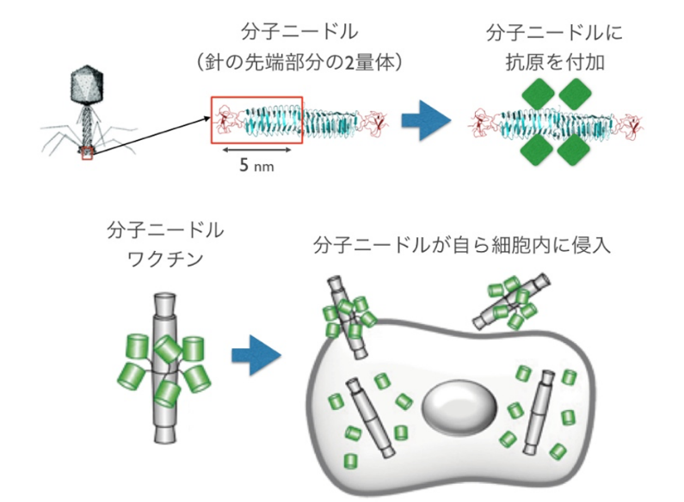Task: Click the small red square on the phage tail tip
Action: coord(86,154)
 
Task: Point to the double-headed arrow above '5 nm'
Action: coord(257,150)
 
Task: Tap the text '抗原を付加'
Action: coord(553,63)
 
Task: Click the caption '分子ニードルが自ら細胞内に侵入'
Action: coord(462,246)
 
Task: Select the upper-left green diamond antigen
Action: coord(539,93)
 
